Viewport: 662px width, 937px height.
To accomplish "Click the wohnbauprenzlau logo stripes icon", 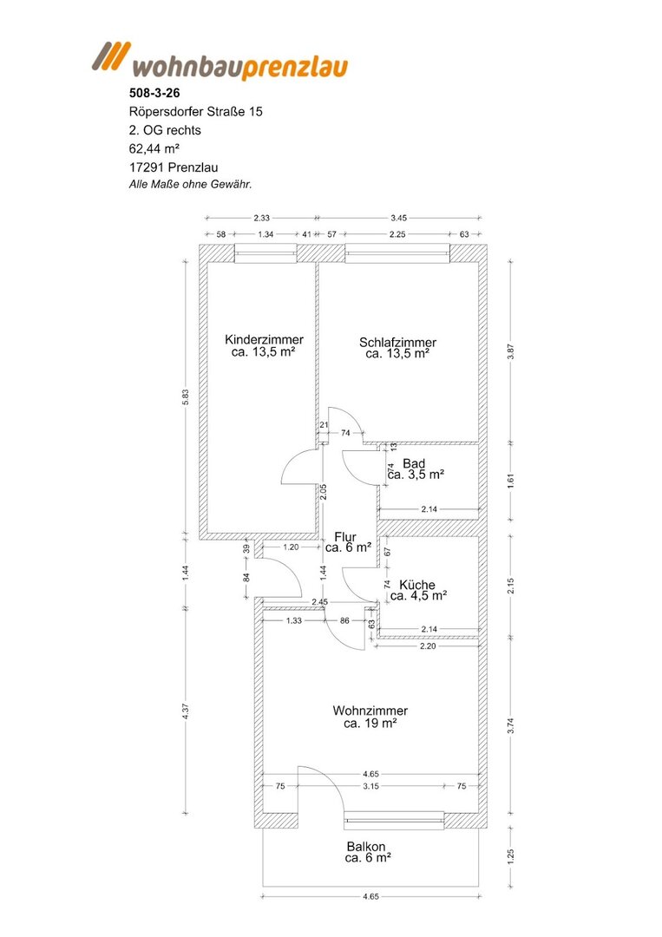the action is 111,57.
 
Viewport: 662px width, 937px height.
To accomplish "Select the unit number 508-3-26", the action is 154,93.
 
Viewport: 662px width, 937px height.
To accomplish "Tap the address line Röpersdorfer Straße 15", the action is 195,112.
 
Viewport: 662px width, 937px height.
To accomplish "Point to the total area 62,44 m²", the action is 154,149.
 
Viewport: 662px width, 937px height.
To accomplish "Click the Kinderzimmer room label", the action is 264,339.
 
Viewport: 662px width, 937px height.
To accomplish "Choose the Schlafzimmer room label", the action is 398,343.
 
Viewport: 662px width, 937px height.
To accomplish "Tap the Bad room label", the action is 414,463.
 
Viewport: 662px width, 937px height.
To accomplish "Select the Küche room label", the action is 417,585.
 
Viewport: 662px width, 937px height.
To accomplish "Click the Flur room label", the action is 345,537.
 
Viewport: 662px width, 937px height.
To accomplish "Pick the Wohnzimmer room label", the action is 370,711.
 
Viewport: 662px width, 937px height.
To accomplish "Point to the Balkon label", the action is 366,847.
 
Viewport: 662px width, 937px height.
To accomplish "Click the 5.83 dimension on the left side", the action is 185,397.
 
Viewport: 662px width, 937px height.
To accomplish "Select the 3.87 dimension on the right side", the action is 510,352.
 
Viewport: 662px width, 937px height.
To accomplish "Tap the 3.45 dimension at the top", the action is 398,218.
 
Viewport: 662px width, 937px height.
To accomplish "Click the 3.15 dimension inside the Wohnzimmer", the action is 371,786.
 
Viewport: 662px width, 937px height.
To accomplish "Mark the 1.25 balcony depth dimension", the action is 510,855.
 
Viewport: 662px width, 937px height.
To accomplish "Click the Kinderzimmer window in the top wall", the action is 265,253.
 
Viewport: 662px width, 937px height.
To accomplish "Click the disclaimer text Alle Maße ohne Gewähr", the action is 191,185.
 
